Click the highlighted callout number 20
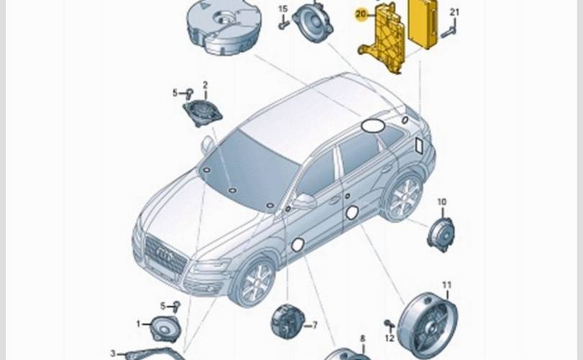[x=361, y=13]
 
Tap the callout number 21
[x=454, y=12]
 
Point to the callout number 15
[x=283, y=9]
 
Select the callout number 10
[x=442, y=202]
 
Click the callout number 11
[x=446, y=285]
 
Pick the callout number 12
[x=389, y=338]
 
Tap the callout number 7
[x=313, y=325]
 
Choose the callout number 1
[x=139, y=325]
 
